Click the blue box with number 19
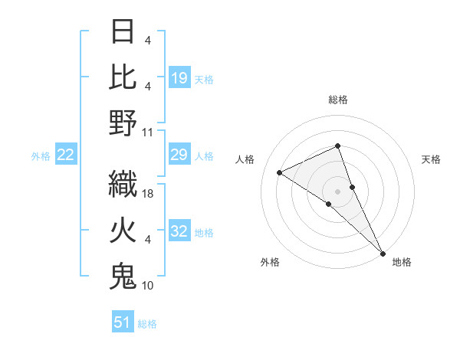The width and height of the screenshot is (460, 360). pyautogui.click(x=179, y=78)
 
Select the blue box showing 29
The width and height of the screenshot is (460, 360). pyautogui.click(x=179, y=155)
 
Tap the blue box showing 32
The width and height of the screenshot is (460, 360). pyautogui.click(x=179, y=232)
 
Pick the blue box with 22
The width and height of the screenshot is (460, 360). pyautogui.click(x=66, y=155)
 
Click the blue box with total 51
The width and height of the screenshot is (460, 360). pyautogui.click(x=123, y=323)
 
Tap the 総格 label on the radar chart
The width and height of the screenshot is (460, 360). pyautogui.click(x=338, y=100)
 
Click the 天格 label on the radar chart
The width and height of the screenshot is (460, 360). pyautogui.click(x=431, y=159)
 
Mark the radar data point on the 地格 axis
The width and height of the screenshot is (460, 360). pyautogui.click(x=383, y=252)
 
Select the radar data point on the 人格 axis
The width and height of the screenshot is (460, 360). pyautogui.click(x=280, y=172)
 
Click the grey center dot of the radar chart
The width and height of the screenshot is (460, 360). pyautogui.click(x=338, y=191)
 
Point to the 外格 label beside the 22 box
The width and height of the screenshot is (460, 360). pyautogui.click(x=40, y=156)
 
